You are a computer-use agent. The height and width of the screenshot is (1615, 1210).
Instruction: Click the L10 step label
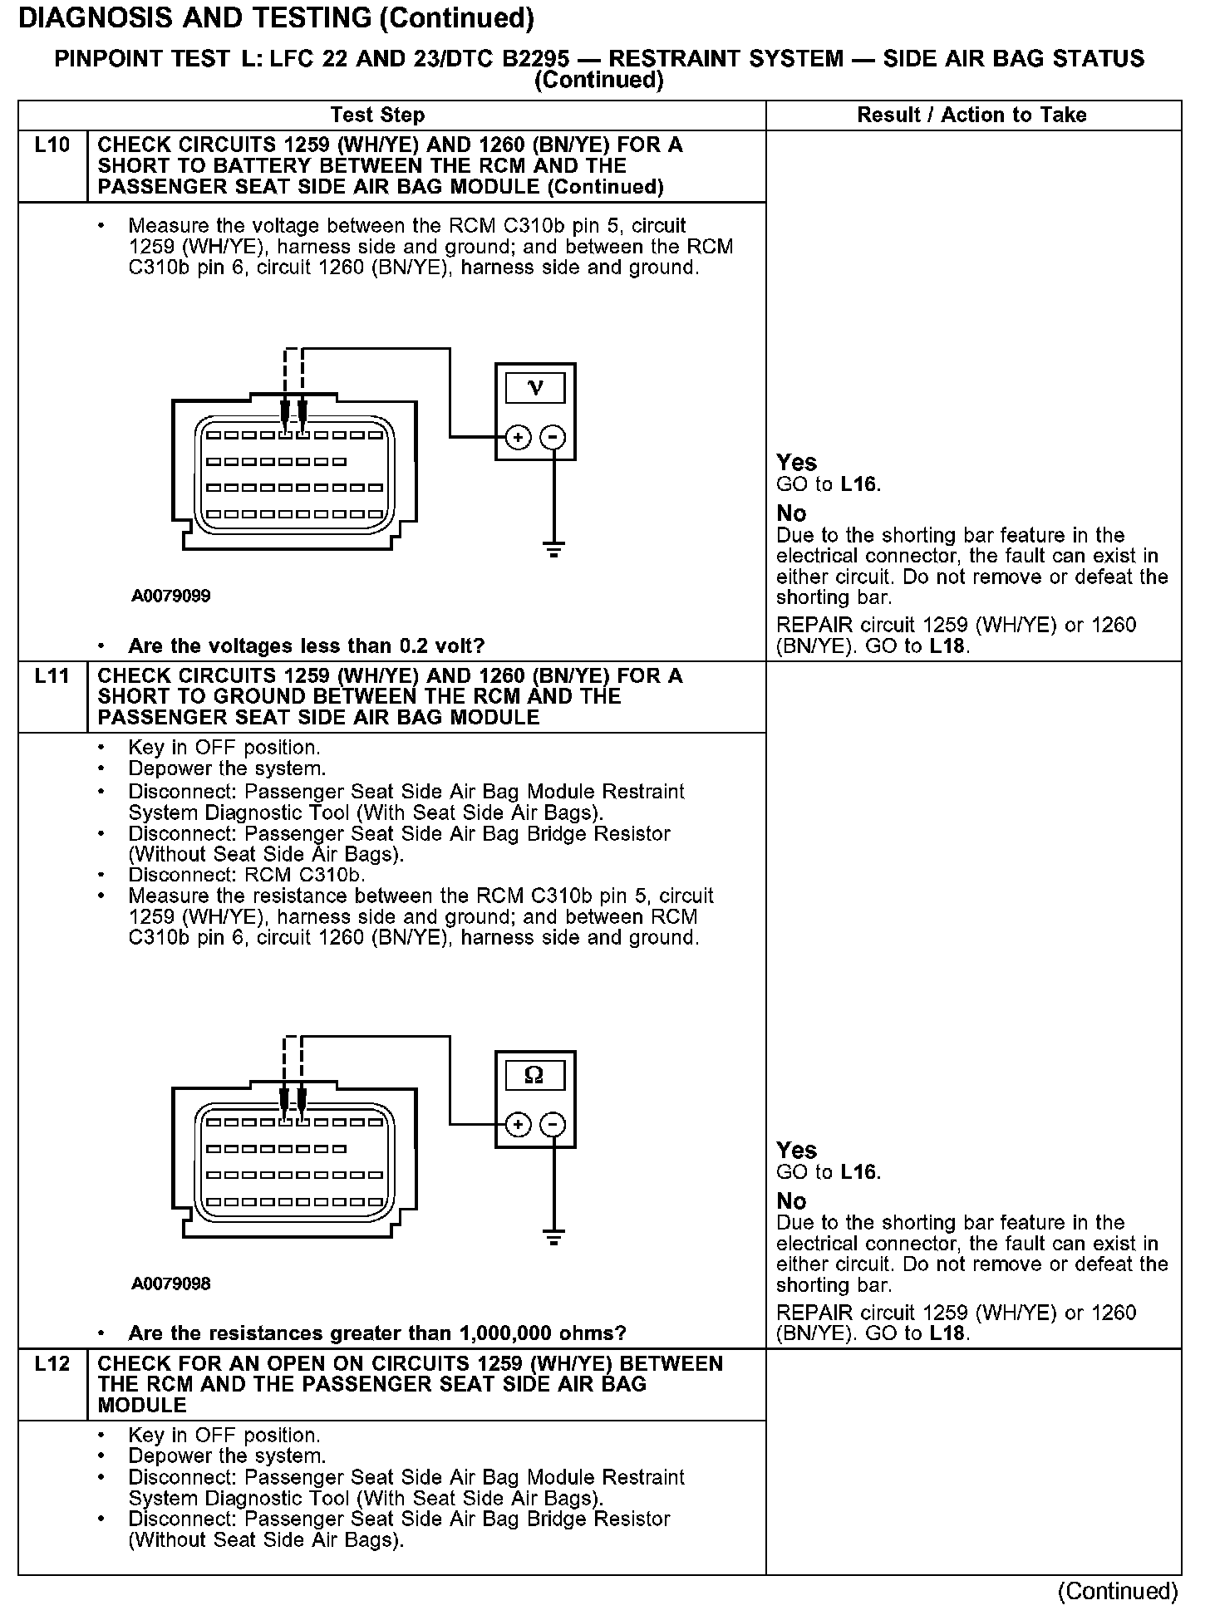[x=52, y=146]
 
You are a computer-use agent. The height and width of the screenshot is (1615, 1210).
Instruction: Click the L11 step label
[x=52, y=676]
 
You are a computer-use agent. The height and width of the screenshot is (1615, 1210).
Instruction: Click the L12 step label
[x=52, y=1364]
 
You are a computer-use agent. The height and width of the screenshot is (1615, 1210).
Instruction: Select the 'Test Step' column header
[x=377, y=115]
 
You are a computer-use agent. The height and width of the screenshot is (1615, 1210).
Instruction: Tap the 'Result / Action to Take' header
[x=971, y=115]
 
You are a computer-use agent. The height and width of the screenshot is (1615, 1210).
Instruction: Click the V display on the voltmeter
[x=535, y=388]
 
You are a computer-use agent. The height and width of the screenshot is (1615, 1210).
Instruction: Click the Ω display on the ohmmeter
[x=534, y=1076]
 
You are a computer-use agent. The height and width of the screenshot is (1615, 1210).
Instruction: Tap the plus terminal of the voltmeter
[x=518, y=437]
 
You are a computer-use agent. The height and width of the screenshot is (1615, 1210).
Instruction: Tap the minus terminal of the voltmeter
[x=553, y=437]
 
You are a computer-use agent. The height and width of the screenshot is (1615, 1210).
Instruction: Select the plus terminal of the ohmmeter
[x=518, y=1125]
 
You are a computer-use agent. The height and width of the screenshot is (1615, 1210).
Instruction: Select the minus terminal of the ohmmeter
[x=553, y=1125]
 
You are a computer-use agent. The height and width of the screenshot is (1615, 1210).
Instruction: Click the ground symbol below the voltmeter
[x=553, y=549]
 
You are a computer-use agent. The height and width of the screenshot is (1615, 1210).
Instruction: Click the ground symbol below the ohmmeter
[x=553, y=1237]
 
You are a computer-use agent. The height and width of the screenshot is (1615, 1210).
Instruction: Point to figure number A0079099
[x=170, y=596]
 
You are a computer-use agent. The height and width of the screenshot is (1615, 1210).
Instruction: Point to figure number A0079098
[x=170, y=1284]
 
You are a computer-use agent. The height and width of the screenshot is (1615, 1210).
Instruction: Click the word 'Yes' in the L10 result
[x=796, y=463]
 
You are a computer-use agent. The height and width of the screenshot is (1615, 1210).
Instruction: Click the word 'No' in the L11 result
[x=791, y=1201]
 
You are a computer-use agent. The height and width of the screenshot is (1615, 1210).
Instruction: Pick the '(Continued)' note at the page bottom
[x=1117, y=1591]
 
